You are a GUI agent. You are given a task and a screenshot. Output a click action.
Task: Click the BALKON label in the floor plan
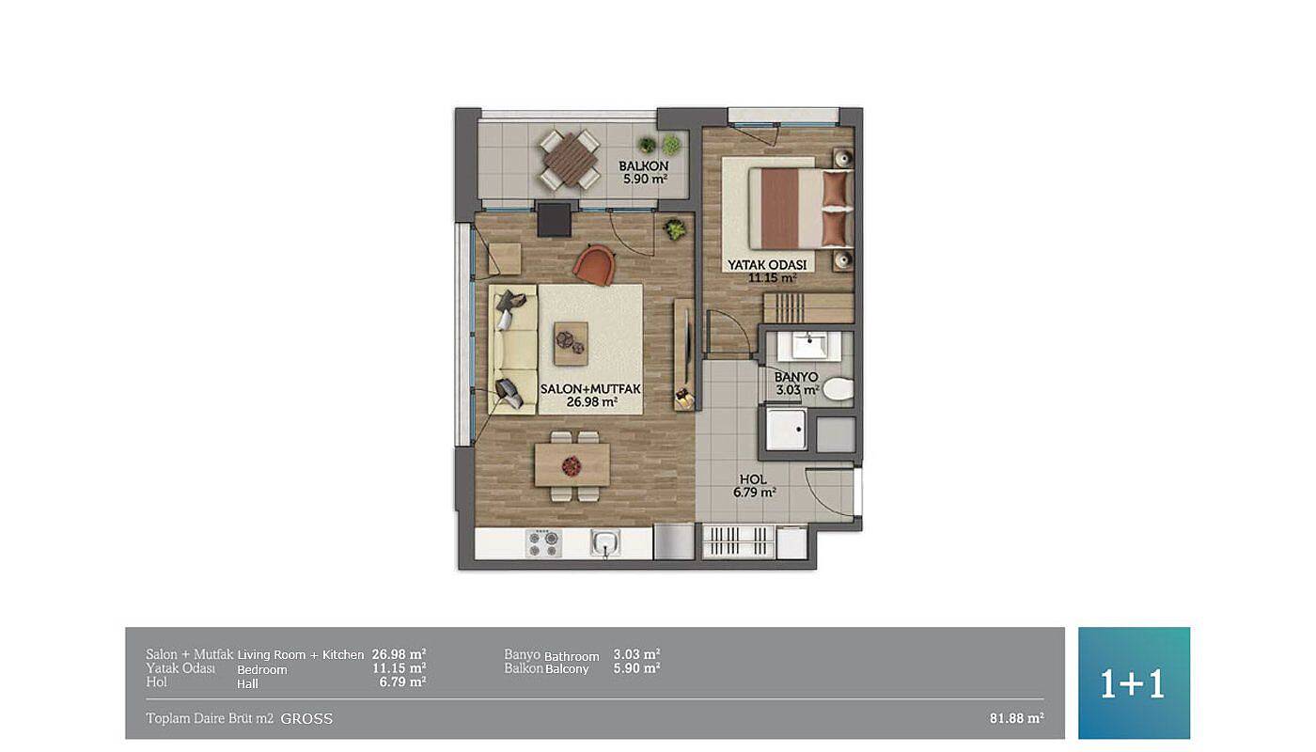pyautogui.click(x=643, y=166)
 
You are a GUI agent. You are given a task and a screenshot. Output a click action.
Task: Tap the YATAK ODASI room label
pyautogui.click(x=767, y=265)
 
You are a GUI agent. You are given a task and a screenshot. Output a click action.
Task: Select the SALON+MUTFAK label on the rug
pyautogui.click(x=590, y=389)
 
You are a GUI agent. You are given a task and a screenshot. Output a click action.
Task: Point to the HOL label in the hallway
pyautogui.click(x=753, y=479)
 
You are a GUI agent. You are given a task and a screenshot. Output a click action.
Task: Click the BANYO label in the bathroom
pyautogui.click(x=796, y=377)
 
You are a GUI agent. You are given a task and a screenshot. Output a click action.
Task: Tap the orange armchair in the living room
pyautogui.click(x=594, y=265)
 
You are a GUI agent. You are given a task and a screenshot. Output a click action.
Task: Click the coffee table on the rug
pyautogui.click(x=571, y=343)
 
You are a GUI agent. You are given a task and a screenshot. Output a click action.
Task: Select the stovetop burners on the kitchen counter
pyautogui.click(x=543, y=543)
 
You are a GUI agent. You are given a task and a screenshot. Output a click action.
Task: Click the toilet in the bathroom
pyautogui.click(x=838, y=389)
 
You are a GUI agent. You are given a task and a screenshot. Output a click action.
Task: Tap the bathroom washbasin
pyautogui.click(x=809, y=346)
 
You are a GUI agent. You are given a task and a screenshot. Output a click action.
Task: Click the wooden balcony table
pyautogui.click(x=570, y=160)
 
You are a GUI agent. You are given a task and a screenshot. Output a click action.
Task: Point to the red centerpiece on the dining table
pyautogui.click(x=572, y=466)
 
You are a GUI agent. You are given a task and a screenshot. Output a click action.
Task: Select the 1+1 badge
pyautogui.click(x=1134, y=682)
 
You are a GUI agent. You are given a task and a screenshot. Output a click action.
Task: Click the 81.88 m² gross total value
pyautogui.click(x=1017, y=718)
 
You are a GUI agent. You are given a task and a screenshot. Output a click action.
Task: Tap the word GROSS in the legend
pyautogui.click(x=306, y=718)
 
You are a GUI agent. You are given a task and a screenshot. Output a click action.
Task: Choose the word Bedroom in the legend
pyautogui.click(x=262, y=669)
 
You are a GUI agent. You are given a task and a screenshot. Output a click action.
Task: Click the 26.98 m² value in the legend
pyautogui.click(x=399, y=654)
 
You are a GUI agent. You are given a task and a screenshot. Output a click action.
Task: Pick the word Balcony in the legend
pyautogui.click(x=567, y=669)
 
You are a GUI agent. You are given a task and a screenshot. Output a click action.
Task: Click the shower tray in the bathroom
pyautogui.click(x=787, y=430)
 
